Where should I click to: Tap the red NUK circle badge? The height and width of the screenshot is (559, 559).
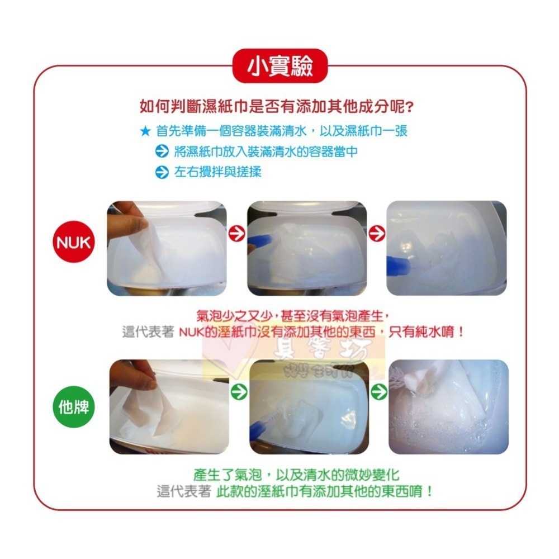[x=74, y=244]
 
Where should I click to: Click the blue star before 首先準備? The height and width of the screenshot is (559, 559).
[x=145, y=132]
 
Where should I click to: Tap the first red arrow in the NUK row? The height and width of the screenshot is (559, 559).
[x=237, y=234]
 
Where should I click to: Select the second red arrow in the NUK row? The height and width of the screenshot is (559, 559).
[x=377, y=234]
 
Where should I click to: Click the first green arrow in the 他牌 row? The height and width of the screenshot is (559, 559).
[x=238, y=392]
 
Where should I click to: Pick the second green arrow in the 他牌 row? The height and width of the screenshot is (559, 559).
[x=379, y=392]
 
